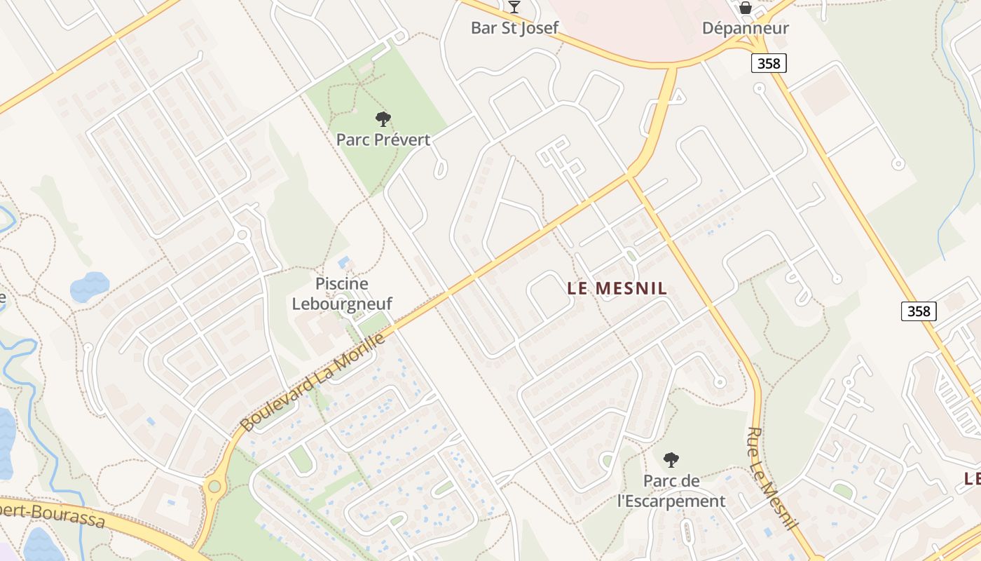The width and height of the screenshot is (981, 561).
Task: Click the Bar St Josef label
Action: pyautogui.click(x=515, y=28)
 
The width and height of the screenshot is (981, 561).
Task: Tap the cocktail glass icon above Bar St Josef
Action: pyautogui.click(x=515, y=7)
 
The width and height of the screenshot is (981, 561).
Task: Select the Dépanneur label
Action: pyautogui.click(x=746, y=28)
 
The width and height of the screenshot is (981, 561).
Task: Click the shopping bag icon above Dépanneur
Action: pyautogui.click(x=746, y=8)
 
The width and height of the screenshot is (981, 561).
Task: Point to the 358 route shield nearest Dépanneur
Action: pyautogui.click(x=769, y=63)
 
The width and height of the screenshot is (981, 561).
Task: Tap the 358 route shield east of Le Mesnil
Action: pyautogui.click(x=919, y=311)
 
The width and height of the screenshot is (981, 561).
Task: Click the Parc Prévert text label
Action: pyautogui.click(x=383, y=139)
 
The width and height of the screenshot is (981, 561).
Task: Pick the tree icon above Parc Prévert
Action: pyautogui.click(x=383, y=119)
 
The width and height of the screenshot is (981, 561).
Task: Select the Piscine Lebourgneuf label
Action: pyautogui.click(x=342, y=294)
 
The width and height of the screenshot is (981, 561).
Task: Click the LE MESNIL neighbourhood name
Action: pyautogui.click(x=617, y=288)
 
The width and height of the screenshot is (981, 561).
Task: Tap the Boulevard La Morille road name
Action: pyautogui.click(x=313, y=382)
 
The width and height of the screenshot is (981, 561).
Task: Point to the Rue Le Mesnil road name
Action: pyautogui.click(x=773, y=478)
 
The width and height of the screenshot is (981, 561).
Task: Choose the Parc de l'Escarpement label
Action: pyautogui.click(x=671, y=491)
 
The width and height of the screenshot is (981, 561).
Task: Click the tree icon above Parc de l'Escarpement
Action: pyautogui.click(x=671, y=460)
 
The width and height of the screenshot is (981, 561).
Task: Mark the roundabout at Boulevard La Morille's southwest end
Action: pyautogui.click(x=214, y=486)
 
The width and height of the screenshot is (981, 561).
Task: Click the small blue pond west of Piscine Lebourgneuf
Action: pyautogui.click(x=90, y=286)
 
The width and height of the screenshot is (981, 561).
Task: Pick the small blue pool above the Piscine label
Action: pyautogui.click(x=343, y=262)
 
